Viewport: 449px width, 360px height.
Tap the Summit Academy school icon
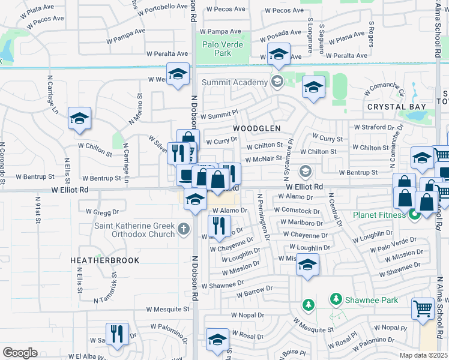(x=277, y=82)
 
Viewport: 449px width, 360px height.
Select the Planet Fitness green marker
(x=414, y=214)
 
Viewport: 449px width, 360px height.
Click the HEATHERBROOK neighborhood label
(x=104, y=260)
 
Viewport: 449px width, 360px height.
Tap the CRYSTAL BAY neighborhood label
(x=397, y=107)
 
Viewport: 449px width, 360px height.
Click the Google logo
(x=20, y=352)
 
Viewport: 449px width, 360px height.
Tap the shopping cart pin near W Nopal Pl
(x=423, y=308)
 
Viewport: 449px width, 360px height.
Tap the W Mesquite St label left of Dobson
(x=169, y=310)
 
